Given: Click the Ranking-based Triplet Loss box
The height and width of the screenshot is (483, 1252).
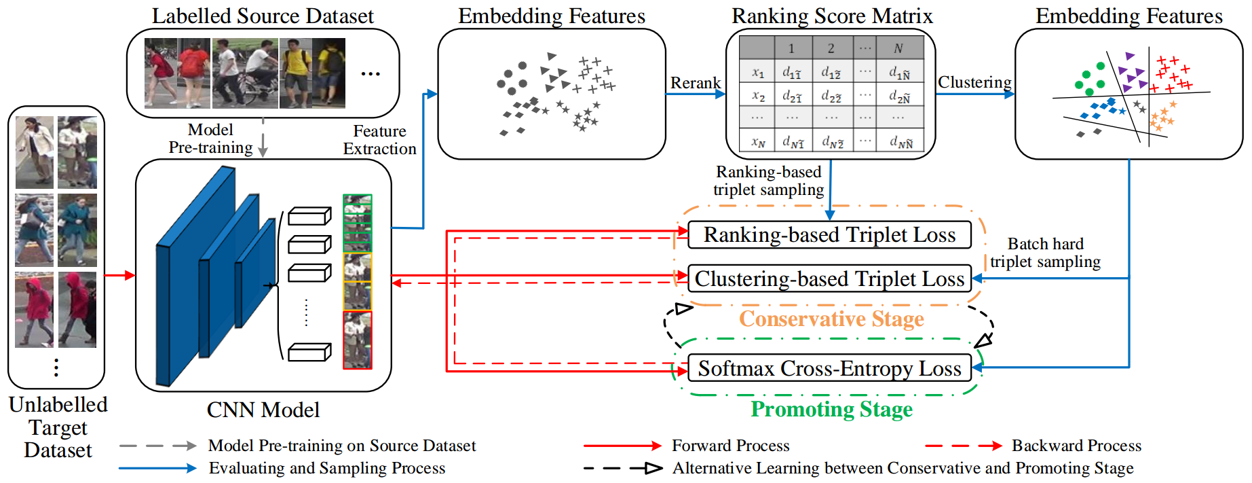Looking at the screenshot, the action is (829, 235).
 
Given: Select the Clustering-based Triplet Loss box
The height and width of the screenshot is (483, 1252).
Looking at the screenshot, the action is (829, 279).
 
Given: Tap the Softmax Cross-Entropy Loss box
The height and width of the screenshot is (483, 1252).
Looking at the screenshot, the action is (829, 368).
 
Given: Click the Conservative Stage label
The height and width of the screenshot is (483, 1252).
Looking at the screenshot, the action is (831, 319).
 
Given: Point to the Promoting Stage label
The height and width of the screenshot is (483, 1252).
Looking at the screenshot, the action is (831, 409).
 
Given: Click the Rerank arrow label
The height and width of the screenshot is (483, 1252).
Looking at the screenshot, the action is (696, 83).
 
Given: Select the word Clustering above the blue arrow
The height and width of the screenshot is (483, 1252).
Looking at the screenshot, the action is (974, 82).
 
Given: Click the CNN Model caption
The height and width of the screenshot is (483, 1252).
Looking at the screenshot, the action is (263, 410).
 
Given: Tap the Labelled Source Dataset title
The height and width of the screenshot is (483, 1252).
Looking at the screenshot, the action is (263, 16).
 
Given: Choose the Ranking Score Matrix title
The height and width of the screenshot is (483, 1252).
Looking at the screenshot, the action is (832, 16).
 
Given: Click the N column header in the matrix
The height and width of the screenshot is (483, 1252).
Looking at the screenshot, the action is (898, 48).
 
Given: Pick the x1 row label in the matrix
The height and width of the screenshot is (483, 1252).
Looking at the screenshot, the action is (758, 72).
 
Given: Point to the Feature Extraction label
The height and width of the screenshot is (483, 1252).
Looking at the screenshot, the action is (379, 140).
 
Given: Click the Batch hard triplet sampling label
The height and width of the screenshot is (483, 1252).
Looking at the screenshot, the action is (1045, 253).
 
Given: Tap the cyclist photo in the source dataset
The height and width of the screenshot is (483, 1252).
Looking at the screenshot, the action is (246, 73).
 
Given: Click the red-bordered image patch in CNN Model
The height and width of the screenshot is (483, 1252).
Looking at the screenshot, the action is (358, 340).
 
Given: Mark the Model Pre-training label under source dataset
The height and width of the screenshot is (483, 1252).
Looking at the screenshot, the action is (210, 139).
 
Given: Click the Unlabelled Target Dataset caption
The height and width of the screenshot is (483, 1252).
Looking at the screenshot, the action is (58, 427).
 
